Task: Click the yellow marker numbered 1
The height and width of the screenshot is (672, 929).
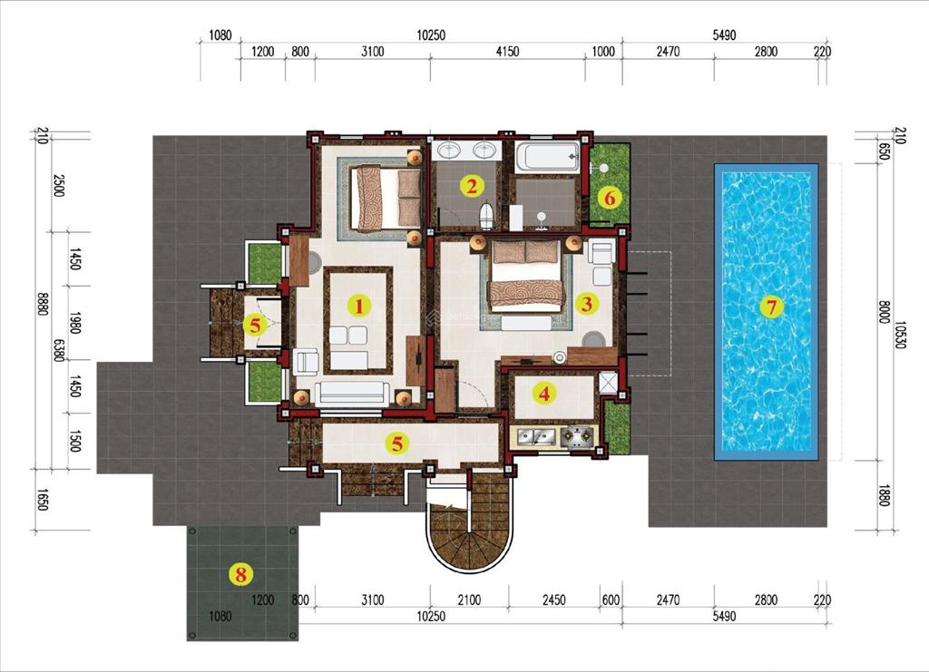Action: [358, 306]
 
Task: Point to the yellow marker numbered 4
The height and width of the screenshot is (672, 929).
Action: [543, 394]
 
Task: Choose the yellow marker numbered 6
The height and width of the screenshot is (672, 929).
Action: [609, 197]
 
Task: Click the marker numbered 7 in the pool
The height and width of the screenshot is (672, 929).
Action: [770, 307]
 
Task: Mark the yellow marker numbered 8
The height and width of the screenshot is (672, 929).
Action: [240, 573]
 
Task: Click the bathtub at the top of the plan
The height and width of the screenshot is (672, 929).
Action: [547, 157]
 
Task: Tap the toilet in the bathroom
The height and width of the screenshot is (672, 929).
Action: [486, 216]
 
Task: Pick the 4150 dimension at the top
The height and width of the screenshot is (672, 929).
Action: [507, 52]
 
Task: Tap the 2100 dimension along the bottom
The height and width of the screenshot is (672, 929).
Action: [469, 600]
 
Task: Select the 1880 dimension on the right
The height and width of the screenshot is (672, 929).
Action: [882, 494]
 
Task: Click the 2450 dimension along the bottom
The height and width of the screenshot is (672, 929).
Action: [553, 600]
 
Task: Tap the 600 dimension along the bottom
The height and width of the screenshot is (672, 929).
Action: [611, 600]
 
